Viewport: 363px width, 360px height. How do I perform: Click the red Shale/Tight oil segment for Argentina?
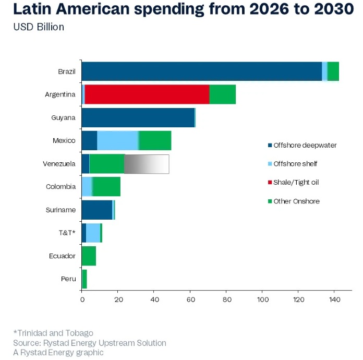(147, 94)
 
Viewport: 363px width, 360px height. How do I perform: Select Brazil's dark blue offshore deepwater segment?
(202, 71)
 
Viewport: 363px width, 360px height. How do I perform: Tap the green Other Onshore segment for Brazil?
(333, 71)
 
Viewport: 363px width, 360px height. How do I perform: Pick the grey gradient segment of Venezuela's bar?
(147, 164)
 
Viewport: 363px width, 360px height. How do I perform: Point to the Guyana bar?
(138, 117)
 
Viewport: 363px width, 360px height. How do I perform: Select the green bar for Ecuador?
(89, 256)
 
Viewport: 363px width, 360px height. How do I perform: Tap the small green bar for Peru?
(84, 279)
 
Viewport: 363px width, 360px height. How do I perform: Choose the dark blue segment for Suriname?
(97, 210)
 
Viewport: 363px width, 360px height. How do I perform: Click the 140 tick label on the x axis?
(334, 300)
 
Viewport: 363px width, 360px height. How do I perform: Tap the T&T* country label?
(67, 233)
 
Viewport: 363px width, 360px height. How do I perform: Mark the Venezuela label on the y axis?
(59, 164)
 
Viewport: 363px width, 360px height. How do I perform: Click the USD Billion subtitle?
(39, 27)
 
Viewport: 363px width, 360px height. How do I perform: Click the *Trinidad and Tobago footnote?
(53, 332)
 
